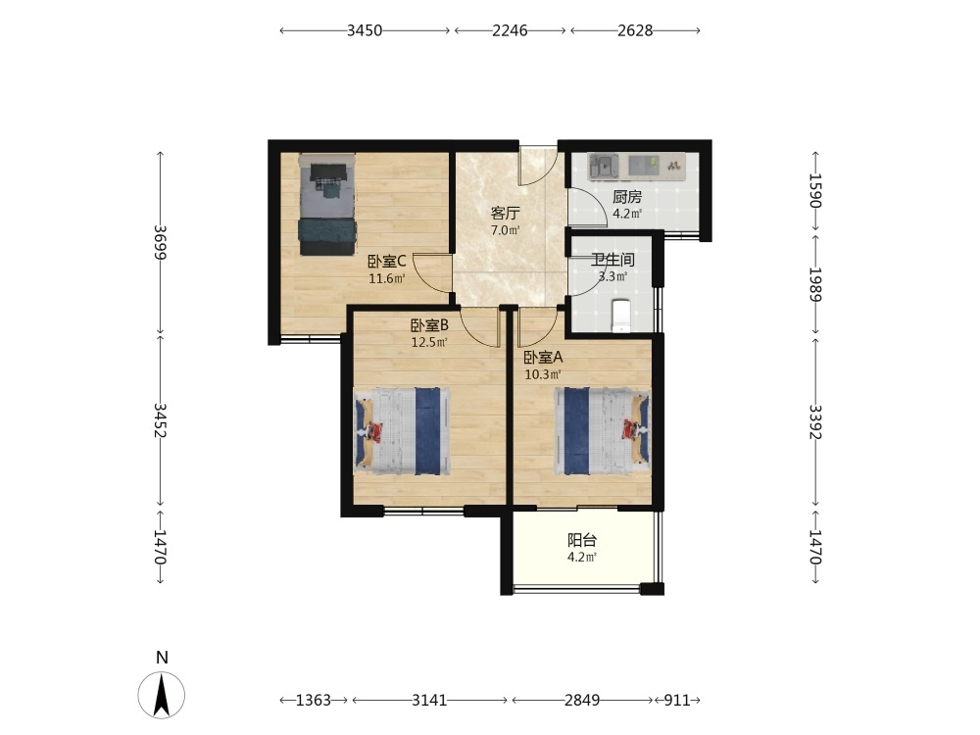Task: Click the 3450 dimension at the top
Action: [365, 30]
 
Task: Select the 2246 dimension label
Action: [510, 30]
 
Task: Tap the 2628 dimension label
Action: [635, 30]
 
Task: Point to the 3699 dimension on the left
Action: [161, 242]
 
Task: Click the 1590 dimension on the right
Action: [816, 190]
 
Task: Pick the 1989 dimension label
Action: [816, 284]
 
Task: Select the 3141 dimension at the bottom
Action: [429, 700]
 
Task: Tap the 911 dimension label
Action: [677, 700]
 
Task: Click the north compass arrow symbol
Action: [162, 695]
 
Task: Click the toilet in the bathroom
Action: [620, 316]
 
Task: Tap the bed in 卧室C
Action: [327, 205]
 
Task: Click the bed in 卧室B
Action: [402, 431]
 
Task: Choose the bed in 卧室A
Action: [603, 431]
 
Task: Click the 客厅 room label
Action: [505, 214]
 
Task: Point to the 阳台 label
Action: [582, 540]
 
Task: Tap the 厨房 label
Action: [627, 198]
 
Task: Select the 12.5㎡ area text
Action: [429, 342]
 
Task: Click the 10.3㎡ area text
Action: [543, 374]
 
